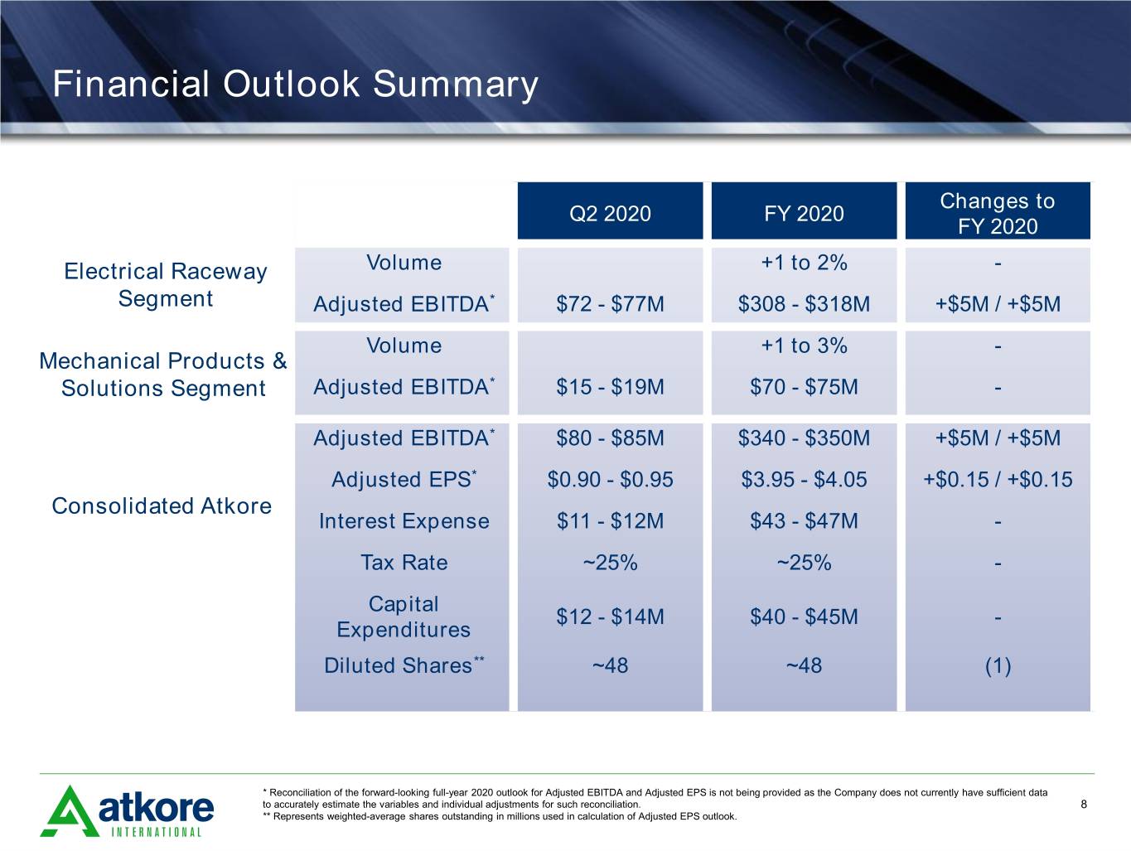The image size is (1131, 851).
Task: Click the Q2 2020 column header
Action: [610, 213]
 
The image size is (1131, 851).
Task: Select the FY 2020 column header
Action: [804, 213]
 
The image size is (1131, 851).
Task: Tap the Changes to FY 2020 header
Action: [998, 213]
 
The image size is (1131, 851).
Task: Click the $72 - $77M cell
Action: [610, 303]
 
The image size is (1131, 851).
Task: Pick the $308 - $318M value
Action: [804, 303]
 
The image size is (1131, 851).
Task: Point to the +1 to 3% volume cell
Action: [804, 346]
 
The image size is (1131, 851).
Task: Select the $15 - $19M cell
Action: [610, 386]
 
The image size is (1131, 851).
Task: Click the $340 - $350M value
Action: [804, 438]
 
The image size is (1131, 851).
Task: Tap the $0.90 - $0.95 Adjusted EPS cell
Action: [610, 479]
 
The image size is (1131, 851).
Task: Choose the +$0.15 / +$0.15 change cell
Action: [998, 479]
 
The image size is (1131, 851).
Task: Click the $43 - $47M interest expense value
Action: [804, 520]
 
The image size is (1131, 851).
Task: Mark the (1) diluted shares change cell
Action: [998, 665]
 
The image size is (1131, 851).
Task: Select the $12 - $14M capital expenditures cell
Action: [610, 616]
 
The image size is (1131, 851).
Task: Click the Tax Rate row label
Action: [404, 562]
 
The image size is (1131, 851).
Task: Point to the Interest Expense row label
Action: [404, 521]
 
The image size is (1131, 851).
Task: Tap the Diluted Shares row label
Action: [404, 665]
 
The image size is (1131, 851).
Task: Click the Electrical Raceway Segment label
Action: [166, 284]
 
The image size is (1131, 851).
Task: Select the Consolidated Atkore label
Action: [162, 505]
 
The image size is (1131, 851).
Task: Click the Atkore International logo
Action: [127, 811]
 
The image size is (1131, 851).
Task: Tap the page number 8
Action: [1084, 804]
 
